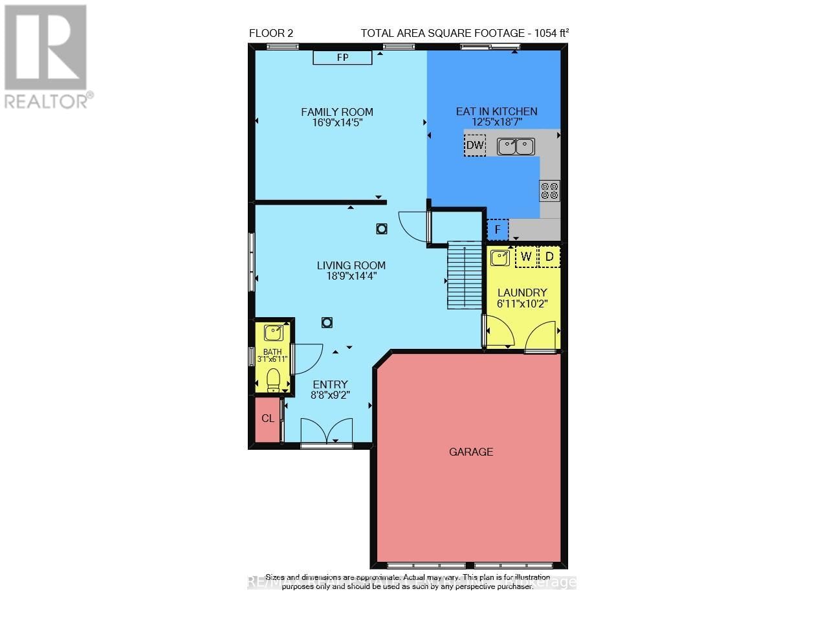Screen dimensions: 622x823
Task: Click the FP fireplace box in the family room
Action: point(342,58)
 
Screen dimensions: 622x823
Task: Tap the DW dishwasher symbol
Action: point(475,146)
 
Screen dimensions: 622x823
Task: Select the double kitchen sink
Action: point(516,146)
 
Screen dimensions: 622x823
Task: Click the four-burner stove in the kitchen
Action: point(550,190)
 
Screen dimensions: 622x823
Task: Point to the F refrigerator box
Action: point(498,230)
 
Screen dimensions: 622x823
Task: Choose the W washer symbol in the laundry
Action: point(525,257)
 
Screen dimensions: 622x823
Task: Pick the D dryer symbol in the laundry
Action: point(549,257)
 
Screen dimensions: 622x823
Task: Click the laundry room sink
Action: point(499,258)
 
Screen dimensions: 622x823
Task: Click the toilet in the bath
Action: point(274,379)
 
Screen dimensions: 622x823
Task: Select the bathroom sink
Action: point(274,333)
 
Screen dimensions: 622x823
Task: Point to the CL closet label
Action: point(268,419)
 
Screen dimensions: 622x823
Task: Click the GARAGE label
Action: point(471,452)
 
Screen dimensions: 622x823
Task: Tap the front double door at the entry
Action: point(327,431)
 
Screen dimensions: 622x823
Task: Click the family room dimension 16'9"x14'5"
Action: point(337,122)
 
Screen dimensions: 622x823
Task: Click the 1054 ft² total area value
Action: point(552,34)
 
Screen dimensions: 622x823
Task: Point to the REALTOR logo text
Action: point(47,101)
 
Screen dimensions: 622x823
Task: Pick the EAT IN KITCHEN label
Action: point(496,111)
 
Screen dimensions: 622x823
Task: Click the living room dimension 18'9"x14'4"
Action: point(351,276)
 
